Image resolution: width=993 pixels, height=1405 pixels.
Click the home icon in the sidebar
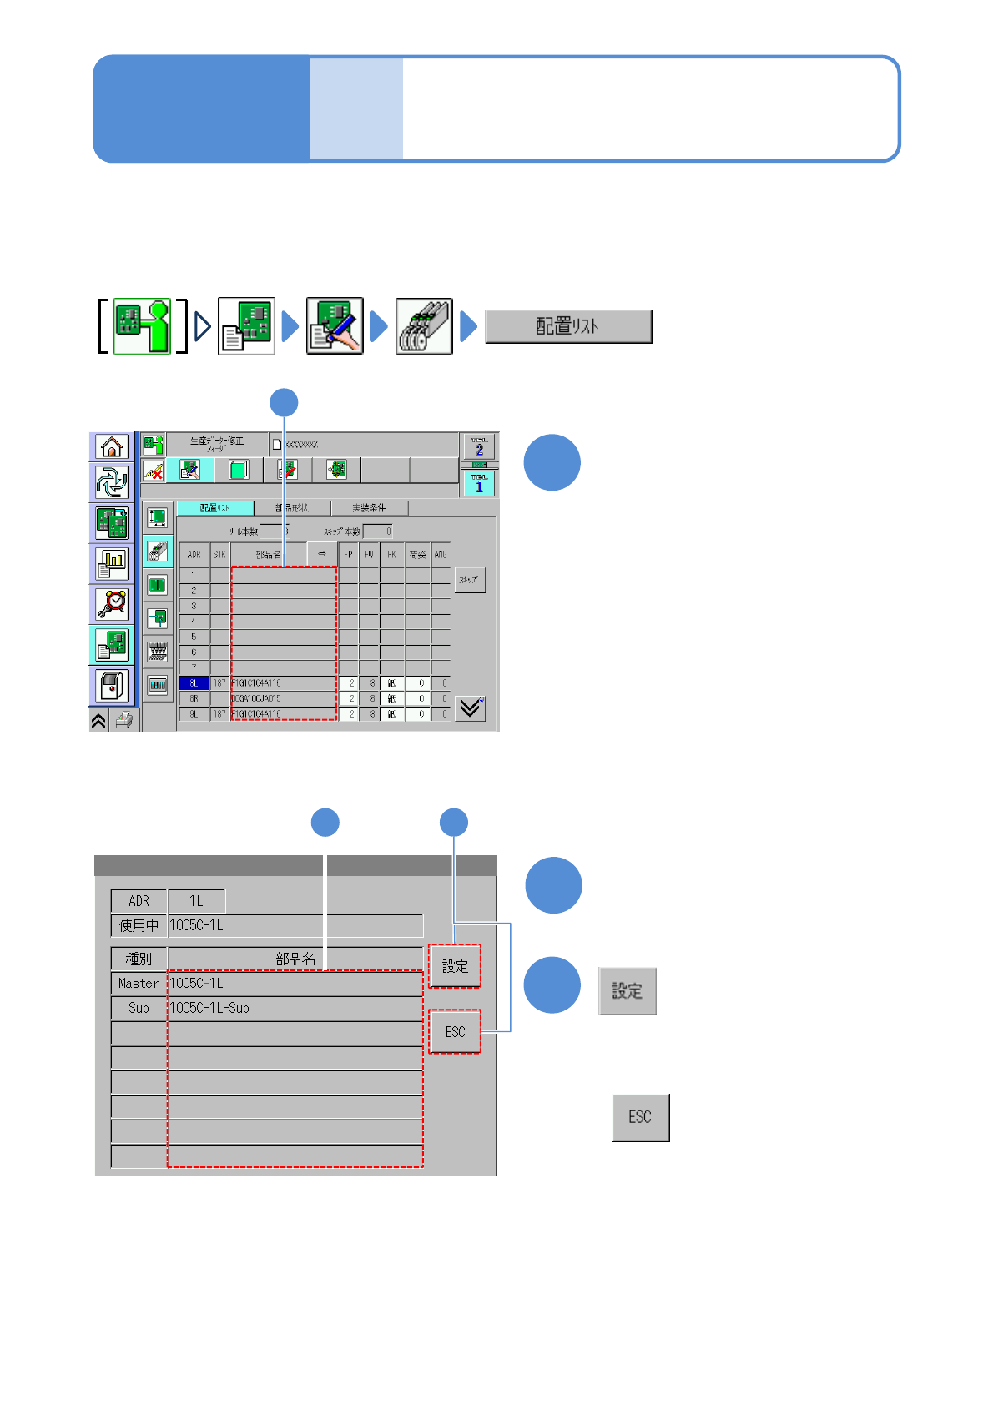click(x=111, y=447)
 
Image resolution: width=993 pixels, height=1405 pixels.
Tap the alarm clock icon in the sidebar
click(x=111, y=602)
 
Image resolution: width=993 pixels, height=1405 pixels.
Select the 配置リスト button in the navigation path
click(x=567, y=326)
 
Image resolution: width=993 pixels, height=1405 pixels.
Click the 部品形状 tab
click(x=292, y=507)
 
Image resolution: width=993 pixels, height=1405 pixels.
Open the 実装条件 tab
click(x=369, y=507)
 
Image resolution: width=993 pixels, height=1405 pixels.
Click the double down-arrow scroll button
click(x=470, y=708)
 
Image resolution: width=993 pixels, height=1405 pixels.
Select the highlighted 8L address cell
click(x=194, y=683)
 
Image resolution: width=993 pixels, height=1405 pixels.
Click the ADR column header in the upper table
click(x=194, y=554)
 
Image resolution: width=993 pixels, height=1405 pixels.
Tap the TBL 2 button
click(x=479, y=446)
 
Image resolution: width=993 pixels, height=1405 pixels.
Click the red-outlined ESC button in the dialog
click(x=455, y=1032)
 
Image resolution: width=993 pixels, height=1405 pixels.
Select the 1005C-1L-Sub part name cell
click(x=295, y=1008)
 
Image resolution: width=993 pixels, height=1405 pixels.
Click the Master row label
click(x=139, y=984)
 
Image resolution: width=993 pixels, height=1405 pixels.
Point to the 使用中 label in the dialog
click(x=139, y=925)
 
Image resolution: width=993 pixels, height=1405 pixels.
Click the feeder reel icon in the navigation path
click(x=424, y=326)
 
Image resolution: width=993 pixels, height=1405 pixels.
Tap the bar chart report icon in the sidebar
click(x=111, y=563)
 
